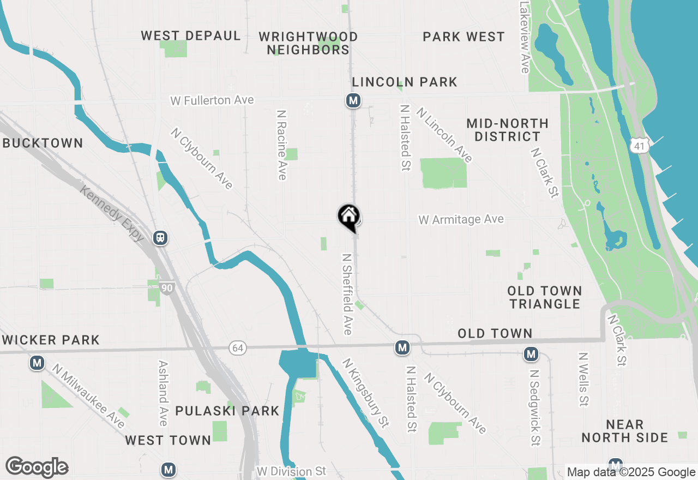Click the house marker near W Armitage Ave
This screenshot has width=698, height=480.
click(x=348, y=217)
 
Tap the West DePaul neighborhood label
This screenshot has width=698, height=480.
click(x=191, y=36)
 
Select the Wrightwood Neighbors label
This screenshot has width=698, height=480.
click(x=308, y=43)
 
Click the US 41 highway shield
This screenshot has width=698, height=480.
click(x=639, y=145)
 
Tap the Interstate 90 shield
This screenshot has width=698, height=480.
click(x=167, y=287)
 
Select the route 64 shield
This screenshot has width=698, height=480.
click(x=237, y=348)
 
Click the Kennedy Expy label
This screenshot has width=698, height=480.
click(x=112, y=213)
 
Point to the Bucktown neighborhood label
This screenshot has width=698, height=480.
click(x=43, y=143)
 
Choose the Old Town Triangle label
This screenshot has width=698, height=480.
click(x=545, y=297)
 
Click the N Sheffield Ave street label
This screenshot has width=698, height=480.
click(x=347, y=293)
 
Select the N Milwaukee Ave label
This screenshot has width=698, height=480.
click(x=89, y=396)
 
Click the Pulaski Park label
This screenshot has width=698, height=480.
click(x=227, y=411)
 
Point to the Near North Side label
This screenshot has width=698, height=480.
click(x=624, y=431)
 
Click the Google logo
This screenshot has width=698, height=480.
click(x=37, y=467)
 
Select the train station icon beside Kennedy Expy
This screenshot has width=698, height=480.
click(x=160, y=238)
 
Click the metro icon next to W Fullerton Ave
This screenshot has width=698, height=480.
click(x=353, y=100)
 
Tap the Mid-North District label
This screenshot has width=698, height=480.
click(x=507, y=130)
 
